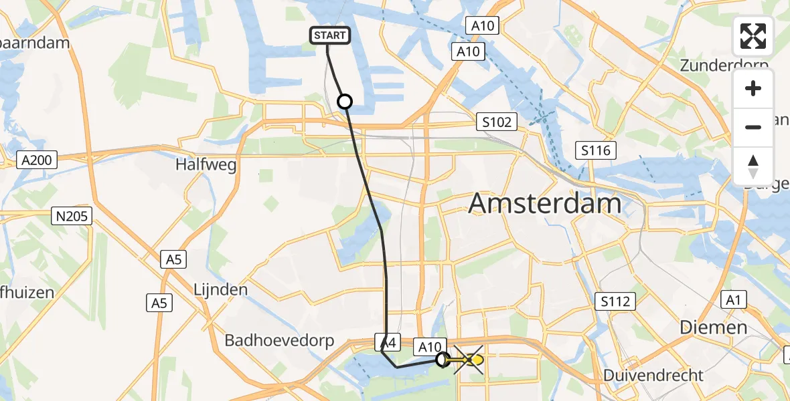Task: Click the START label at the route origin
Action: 330,35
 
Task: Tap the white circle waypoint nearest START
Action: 344,102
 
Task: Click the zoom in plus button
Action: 753,89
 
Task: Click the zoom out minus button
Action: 753,127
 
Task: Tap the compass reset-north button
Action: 753,166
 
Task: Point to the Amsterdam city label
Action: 546,203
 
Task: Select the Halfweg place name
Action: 206,164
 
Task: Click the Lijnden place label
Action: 220,290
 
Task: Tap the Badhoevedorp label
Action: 279,340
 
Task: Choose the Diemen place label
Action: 713,327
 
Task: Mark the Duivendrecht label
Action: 653,375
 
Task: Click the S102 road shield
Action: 497,122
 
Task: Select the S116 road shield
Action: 596,150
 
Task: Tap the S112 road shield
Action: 615,301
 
